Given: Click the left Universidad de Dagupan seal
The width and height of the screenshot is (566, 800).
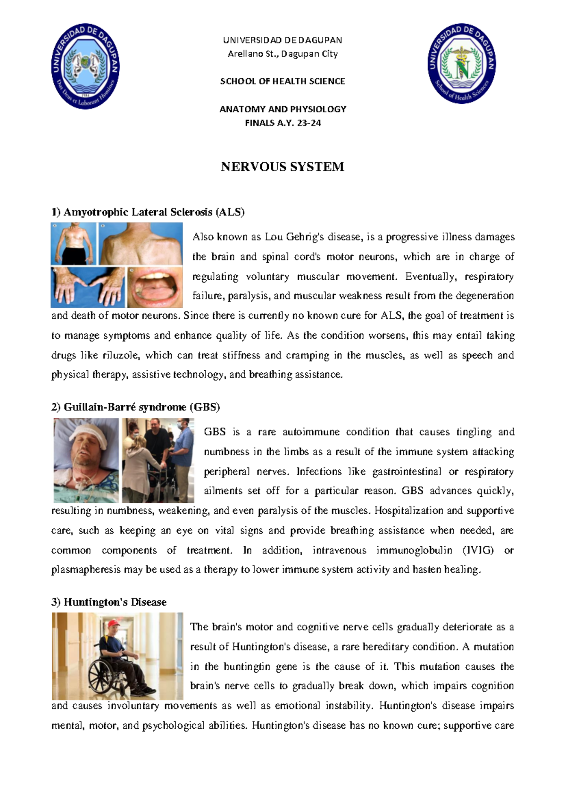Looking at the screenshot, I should pos(85,66).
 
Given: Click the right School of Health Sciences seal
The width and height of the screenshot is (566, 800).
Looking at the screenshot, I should pos(462,64).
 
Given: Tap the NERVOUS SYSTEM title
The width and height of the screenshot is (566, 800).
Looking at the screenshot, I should pos(283,167).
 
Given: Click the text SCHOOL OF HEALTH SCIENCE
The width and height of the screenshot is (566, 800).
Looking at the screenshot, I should pos(283,81).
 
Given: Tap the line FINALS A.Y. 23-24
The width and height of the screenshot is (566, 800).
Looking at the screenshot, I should pos(283,123).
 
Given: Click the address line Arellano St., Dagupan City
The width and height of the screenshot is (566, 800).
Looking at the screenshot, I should pos(283,54).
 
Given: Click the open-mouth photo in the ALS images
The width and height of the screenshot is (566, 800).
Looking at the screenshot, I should pos(155,288).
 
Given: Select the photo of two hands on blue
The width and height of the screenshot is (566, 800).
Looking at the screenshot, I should pos(88,288).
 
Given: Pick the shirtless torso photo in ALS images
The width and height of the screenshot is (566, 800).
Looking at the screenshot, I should pos(74,243).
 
